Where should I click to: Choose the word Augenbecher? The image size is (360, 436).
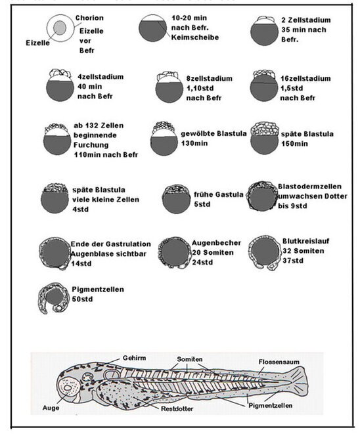215,242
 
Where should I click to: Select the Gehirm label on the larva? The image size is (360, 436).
134,359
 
